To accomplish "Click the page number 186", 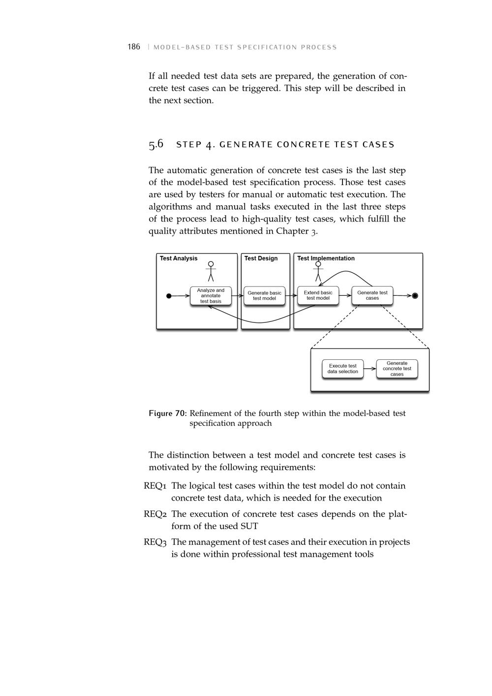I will click(x=134, y=47).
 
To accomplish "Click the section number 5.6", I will click(x=156, y=144).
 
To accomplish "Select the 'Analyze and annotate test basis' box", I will click(x=211, y=296).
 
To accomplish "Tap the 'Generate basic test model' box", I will click(x=264, y=296).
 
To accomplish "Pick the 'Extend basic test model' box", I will click(x=318, y=295).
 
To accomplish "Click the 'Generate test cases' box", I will click(x=372, y=295).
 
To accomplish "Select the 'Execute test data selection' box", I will click(x=343, y=369).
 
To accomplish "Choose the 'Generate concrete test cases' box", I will click(x=397, y=369).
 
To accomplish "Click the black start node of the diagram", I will click(x=169, y=296).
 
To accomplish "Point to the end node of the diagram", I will click(x=415, y=295).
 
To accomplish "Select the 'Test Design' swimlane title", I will click(x=261, y=258).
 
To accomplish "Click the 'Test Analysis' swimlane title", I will click(x=179, y=258).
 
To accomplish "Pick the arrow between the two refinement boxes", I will click(x=369, y=369).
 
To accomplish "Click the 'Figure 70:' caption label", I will click(x=167, y=413).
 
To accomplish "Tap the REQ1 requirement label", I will click(x=155, y=486).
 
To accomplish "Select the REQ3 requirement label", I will click(x=155, y=542).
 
